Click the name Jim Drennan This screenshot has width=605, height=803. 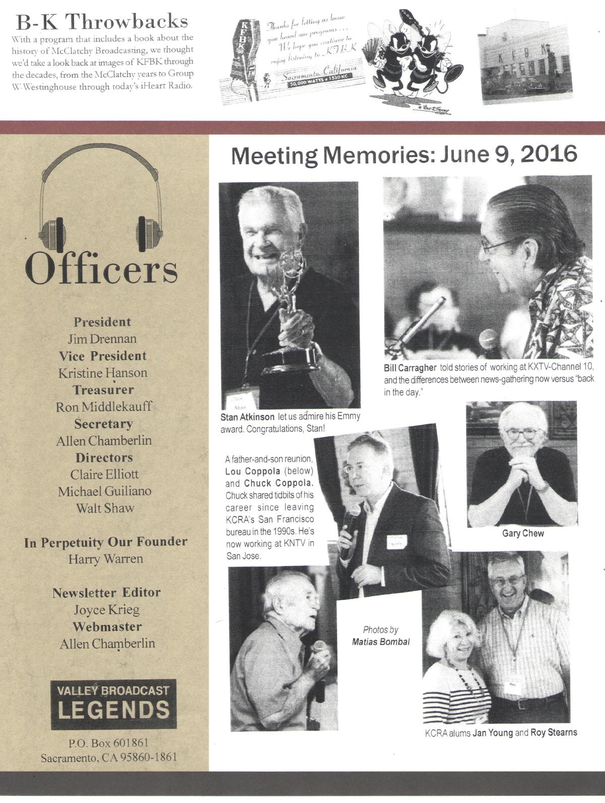[102, 339]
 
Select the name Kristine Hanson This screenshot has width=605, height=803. [103, 373]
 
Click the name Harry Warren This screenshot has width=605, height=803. [105, 559]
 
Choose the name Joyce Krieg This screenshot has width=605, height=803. [106, 610]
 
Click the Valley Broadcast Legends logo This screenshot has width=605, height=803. [113, 705]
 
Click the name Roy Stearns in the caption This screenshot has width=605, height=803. [554, 732]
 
